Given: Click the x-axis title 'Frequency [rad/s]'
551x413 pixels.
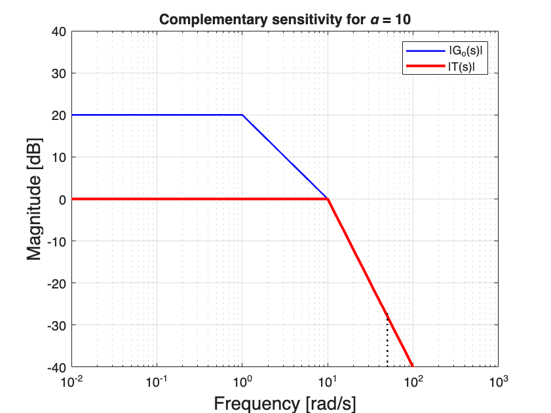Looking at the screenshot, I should [x=284, y=403].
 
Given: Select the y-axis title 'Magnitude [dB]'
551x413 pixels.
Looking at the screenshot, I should [x=34, y=199].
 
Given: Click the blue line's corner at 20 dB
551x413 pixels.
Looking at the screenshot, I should [x=242, y=115].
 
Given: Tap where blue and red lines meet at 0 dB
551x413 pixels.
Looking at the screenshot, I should [x=328, y=199].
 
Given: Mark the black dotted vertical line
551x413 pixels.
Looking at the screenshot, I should [x=387, y=341].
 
